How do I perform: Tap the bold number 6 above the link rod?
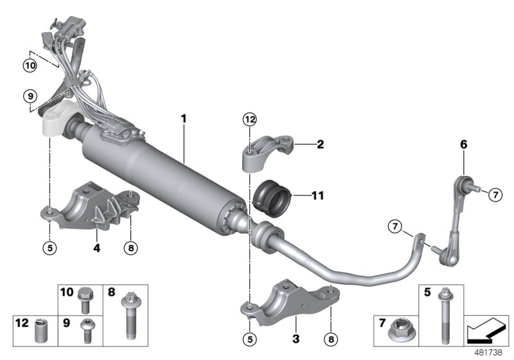[x=463, y=146]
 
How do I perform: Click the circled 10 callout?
[x=30, y=65]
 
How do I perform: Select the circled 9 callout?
[x=30, y=96]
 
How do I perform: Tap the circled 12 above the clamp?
[x=249, y=119]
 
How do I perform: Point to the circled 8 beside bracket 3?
[x=332, y=337]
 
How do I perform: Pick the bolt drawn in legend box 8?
[x=132, y=314]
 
